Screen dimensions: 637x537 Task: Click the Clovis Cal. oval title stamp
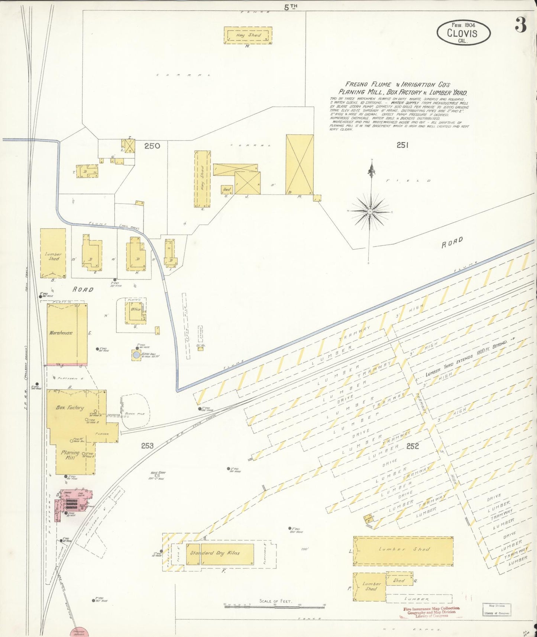(463, 33)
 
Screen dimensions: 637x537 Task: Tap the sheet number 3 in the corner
(521, 25)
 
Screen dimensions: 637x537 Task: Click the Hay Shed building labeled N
(248, 35)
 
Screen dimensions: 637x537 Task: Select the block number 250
(152, 146)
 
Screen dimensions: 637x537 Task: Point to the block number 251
(402, 145)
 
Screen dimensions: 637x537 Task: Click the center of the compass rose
(370, 211)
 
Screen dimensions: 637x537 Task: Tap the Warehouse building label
(61, 333)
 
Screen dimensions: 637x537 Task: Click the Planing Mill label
(70, 455)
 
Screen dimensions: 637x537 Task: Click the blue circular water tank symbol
(136, 355)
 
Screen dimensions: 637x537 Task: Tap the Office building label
(135, 309)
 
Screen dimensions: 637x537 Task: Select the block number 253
(147, 446)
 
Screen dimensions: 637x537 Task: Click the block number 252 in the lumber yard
(412, 446)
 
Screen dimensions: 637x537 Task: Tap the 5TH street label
(291, 6)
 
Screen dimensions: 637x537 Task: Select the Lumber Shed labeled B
(53, 253)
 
